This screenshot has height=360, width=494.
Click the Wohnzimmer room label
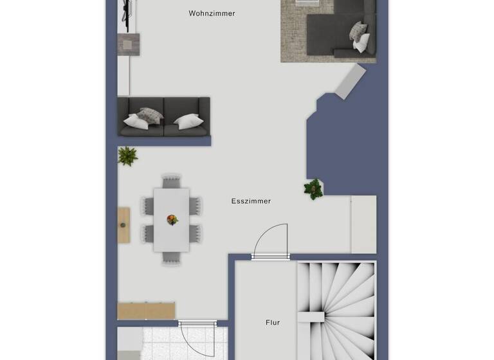pyautogui.click(x=212, y=13)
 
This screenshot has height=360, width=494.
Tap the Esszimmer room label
pyautogui.click(x=251, y=201)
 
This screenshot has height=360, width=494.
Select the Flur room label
pyautogui.click(x=273, y=323)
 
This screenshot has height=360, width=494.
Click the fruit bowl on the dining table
pyautogui.click(x=172, y=220)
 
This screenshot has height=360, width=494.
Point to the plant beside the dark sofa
pyautogui.click(x=127, y=156)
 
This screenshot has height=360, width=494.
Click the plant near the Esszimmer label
pyautogui.click(x=313, y=188)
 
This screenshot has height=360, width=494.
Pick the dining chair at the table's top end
pyautogui.click(x=171, y=181)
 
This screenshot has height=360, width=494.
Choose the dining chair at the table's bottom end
pyautogui.click(x=171, y=257)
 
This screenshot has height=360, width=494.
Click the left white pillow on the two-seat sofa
pyautogui.click(x=136, y=121)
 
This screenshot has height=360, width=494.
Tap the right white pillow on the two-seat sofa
pyautogui.click(x=189, y=122)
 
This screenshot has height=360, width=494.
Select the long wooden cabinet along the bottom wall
pyautogui.click(x=146, y=310)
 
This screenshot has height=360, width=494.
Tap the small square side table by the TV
pyautogui.click(x=129, y=44)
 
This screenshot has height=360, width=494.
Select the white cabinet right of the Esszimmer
pyautogui.click(x=363, y=224)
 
